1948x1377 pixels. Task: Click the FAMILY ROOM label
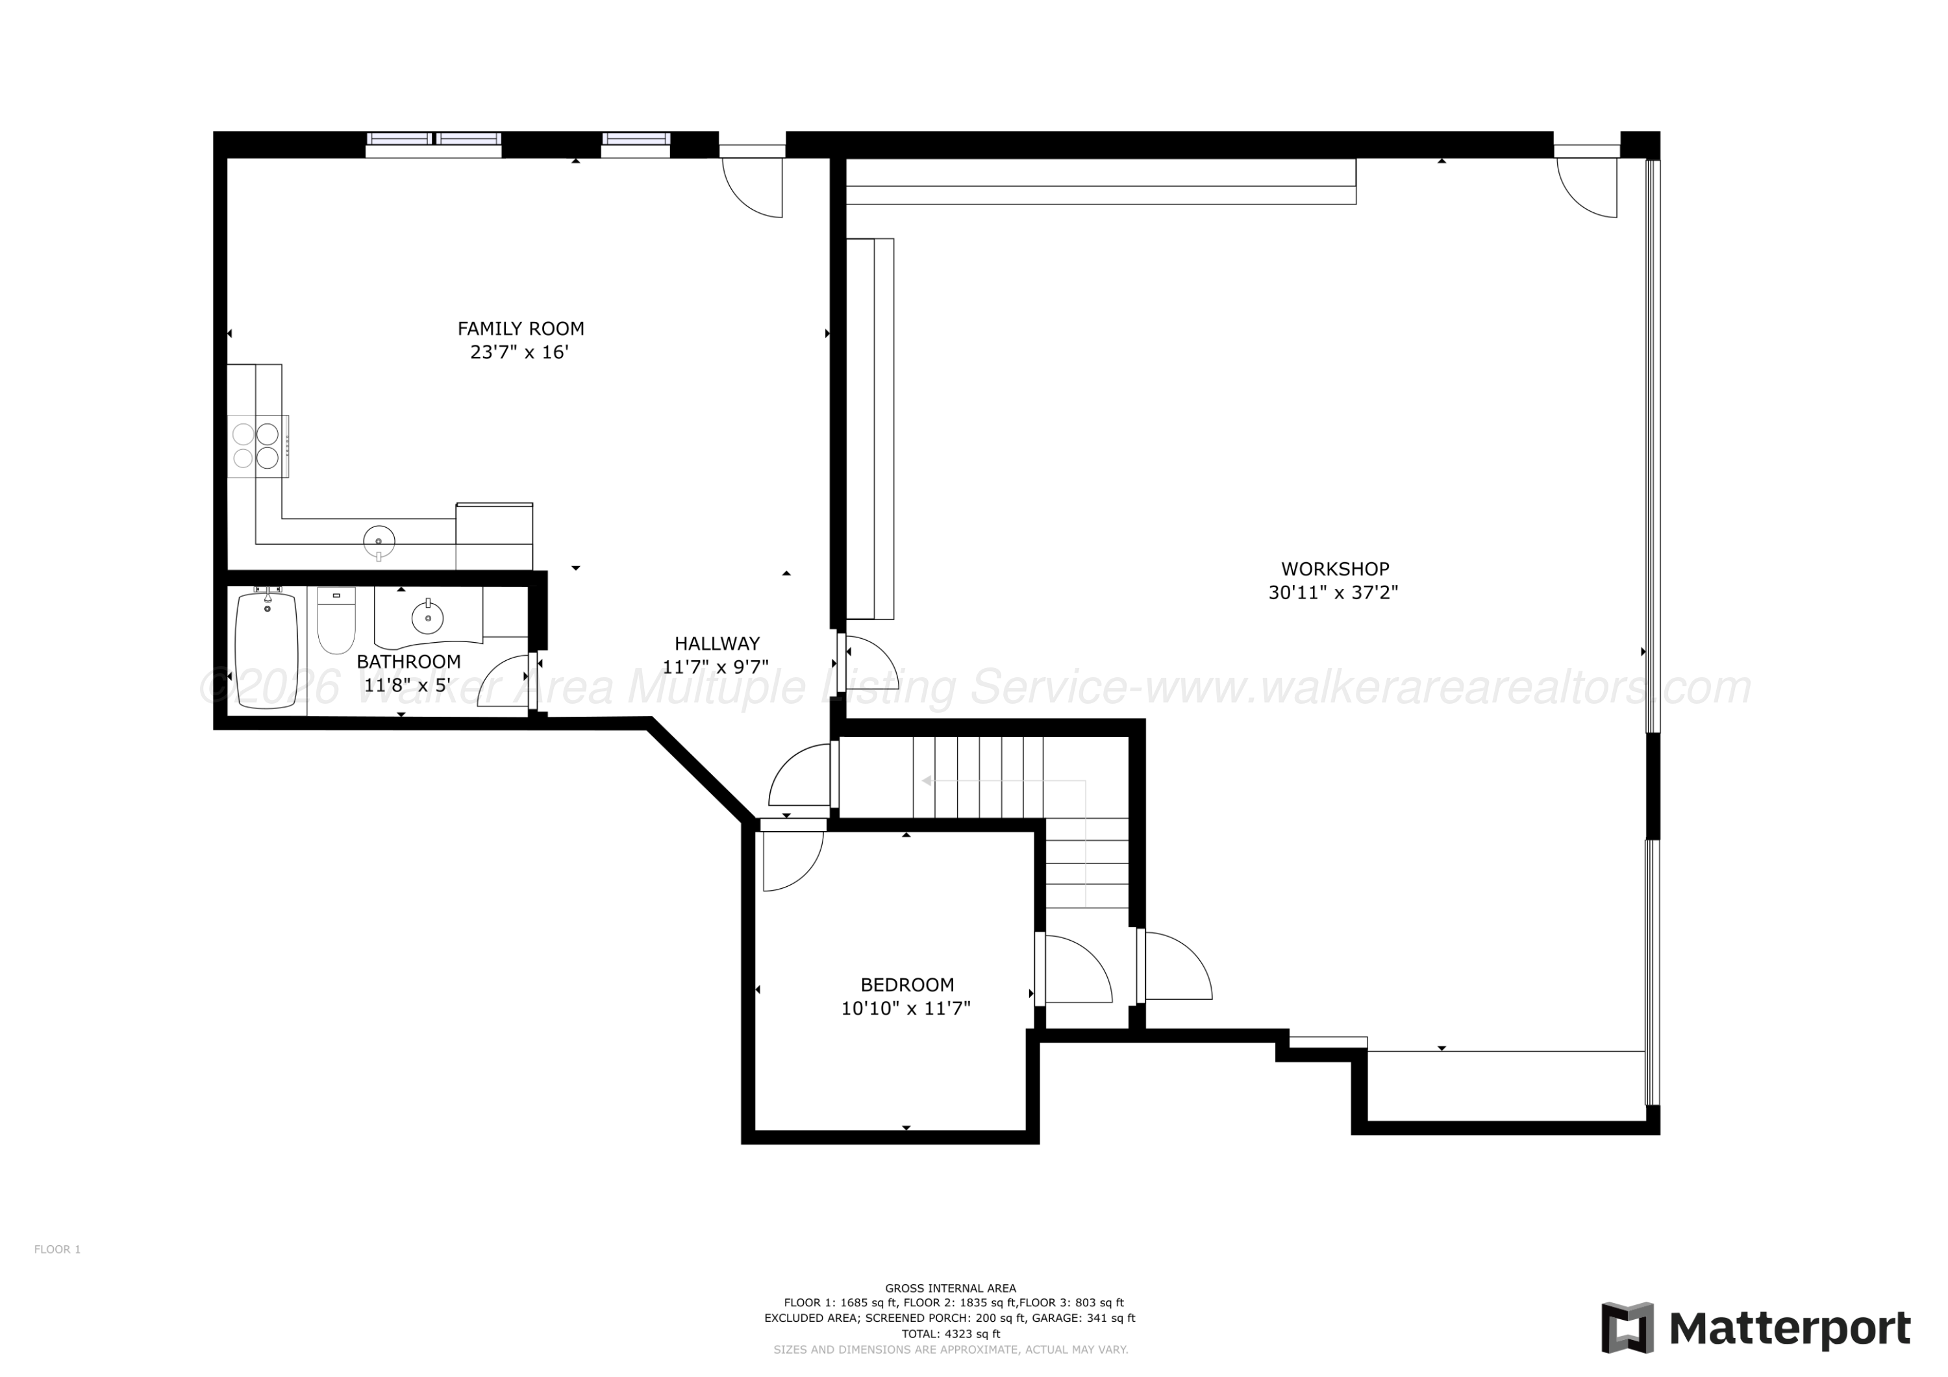point(520,329)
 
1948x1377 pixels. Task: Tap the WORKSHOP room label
point(1334,569)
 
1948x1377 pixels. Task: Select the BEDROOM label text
point(907,984)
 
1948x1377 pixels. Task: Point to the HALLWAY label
point(717,643)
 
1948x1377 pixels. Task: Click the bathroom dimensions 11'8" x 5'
point(406,685)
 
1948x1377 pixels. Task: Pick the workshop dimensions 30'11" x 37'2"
point(1333,592)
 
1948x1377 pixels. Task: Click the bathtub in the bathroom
point(268,649)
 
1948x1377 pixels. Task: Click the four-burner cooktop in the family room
point(258,445)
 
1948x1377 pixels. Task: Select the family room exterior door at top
point(752,182)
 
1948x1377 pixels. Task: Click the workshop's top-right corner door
point(1586,182)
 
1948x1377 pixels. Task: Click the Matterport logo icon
point(1627,1327)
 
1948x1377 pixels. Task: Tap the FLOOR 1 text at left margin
point(58,1249)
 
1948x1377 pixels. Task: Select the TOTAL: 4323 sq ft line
point(950,1334)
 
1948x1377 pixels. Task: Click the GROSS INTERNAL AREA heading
point(950,1288)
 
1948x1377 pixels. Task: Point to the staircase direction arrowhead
point(927,780)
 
